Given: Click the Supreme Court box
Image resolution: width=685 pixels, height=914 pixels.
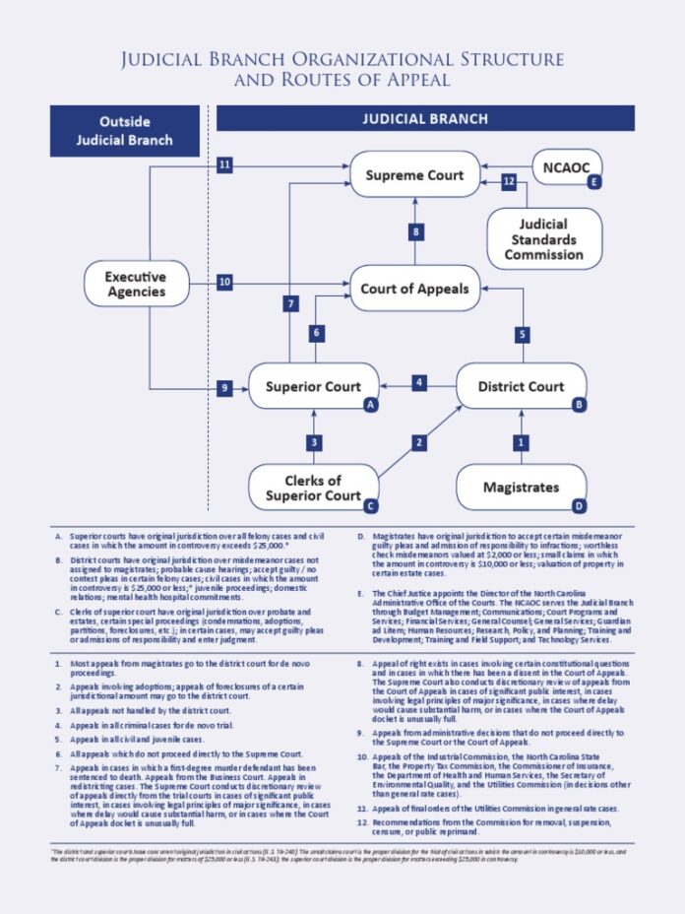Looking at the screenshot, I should tap(414, 175).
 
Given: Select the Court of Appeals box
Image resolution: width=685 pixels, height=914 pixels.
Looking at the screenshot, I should tap(415, 290).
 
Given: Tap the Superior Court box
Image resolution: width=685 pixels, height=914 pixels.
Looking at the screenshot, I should tap(313, 387).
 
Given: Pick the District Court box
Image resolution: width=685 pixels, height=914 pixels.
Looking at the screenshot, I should tap(521, 387).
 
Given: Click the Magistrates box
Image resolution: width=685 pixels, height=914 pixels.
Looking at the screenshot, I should tap(521, 487).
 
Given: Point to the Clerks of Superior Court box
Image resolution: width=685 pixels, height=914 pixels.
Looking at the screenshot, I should tap(313, 487).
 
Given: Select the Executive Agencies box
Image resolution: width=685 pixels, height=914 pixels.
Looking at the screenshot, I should tap(136, 285).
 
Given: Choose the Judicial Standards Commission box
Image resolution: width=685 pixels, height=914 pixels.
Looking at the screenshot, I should tap(544, 238).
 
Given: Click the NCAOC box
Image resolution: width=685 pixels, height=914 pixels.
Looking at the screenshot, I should tap(568, 167).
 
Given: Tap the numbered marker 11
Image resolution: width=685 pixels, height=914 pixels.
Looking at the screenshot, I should tap(225, 165).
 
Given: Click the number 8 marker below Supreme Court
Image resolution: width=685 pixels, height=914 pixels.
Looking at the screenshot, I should tap(417, 231).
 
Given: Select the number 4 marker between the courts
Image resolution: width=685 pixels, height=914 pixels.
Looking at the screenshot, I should tap(419, 382).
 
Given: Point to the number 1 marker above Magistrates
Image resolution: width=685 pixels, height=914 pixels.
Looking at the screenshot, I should tap(522, 443).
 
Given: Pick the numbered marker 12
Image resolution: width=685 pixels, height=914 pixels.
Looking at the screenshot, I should tap(509, 181).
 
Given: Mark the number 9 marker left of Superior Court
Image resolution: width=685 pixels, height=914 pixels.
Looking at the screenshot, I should tap(225, 388).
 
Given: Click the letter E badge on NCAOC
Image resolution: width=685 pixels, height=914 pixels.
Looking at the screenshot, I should tap(593, 182).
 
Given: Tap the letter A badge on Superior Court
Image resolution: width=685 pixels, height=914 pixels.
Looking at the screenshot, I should tap(370, 405).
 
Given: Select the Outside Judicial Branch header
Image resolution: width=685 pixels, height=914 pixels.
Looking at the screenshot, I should tap(125, 130).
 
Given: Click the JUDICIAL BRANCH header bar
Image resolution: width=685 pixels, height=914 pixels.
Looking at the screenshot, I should tap(426, 119).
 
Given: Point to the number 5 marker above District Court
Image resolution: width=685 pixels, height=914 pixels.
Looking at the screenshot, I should tap(522, 334).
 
